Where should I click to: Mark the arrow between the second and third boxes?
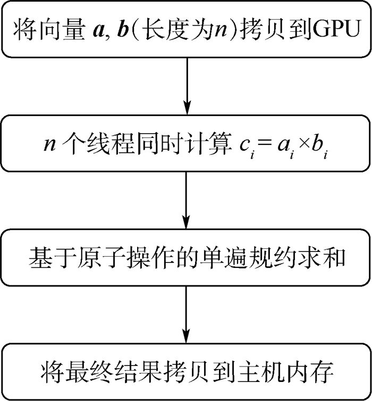pos(185,199)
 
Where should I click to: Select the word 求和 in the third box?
pos(327,258)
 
